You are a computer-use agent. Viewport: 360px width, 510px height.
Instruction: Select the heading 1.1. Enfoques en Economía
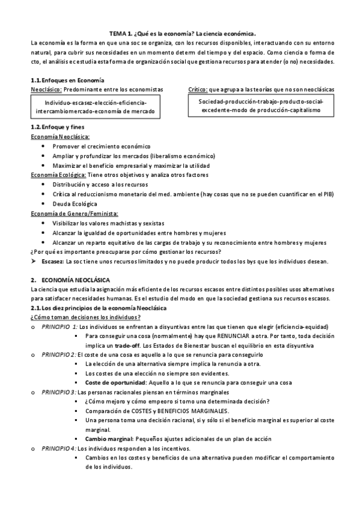pos(67,80)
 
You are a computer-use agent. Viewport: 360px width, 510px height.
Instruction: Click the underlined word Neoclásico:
pos(46,89)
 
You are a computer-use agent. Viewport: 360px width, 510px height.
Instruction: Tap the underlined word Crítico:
pos(198,89)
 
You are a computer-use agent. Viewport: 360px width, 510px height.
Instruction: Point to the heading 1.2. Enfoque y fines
pos(58,127)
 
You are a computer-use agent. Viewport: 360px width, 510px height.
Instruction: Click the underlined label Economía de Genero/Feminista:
pos(74,213)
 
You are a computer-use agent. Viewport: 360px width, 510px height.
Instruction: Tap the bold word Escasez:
pos(53,262)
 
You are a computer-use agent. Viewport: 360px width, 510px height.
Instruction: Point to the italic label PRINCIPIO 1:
pos(59,327)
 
